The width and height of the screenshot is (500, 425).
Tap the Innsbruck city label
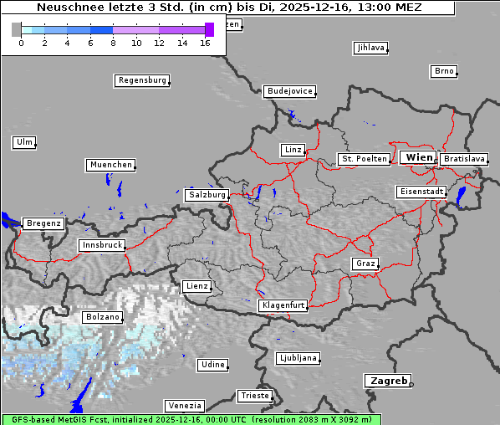[102, 246]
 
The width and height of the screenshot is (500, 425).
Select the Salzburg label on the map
[207, 195]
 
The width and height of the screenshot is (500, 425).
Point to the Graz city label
[365, 264]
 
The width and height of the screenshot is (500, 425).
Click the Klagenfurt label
[283, 306]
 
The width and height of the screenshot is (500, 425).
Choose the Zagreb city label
[387, 381]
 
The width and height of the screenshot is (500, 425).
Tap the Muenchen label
[110, 165]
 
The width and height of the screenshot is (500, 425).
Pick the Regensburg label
[142, 81]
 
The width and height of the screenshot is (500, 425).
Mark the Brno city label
[444, 71]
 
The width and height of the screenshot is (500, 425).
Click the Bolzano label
[103, 318]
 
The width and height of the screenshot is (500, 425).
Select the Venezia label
[184, 405]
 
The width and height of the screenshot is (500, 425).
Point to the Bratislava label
[464, 158]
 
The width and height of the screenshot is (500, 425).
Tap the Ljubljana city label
[298, 358]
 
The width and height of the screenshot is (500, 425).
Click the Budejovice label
[289, 91]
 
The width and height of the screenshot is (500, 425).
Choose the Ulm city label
[24, 142]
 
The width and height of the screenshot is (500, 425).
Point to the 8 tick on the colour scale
[113, 42]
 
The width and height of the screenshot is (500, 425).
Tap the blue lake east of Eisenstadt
[461, 197]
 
